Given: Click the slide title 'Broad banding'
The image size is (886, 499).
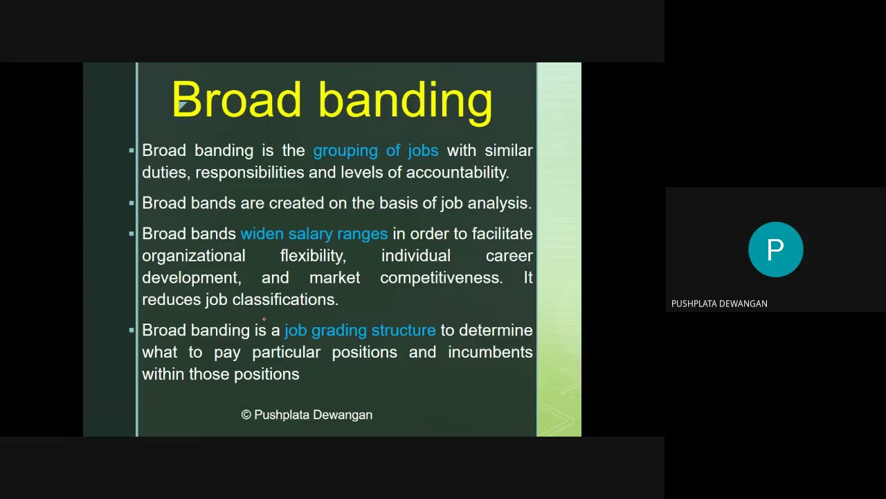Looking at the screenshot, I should [332, 100].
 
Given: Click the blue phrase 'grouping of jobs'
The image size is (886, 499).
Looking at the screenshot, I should [375, 150].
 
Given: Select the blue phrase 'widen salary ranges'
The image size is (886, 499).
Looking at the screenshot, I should [314, 234].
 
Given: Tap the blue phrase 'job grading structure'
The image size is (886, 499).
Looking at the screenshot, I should [360, 330].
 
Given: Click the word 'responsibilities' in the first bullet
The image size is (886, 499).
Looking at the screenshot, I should [249, 173].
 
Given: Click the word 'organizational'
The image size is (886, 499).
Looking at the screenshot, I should [193, 256].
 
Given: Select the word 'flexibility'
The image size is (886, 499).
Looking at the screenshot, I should [312, 256].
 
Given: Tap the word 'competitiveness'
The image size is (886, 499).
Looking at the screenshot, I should [441, 278].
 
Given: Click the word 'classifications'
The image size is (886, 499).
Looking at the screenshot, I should [284, 299].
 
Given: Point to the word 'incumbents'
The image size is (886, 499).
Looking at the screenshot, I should [489, 352].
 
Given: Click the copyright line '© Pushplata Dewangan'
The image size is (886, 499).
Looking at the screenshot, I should [307, 414].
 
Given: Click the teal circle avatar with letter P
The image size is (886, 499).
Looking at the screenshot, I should [775, 249].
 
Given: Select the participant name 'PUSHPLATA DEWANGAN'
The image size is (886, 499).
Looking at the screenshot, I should [719, 304].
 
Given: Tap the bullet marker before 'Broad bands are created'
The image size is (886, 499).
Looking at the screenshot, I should [132, 203].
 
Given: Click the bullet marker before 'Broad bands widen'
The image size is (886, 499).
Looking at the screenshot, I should [132, 234].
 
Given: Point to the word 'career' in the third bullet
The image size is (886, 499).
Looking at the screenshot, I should [509, 256].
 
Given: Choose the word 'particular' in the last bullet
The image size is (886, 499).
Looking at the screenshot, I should [286, 352].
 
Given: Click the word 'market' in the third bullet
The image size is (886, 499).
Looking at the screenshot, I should [334, 278].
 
